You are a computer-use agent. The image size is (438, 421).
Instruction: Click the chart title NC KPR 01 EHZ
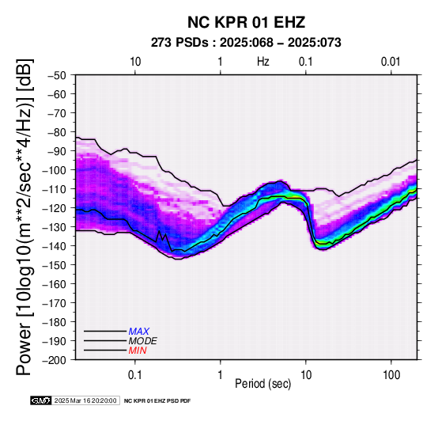click(x=246, y=22)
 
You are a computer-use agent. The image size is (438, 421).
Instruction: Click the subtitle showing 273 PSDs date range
click(x=246, y=43)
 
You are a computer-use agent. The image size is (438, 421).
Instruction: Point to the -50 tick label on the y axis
click(x=57, y=75)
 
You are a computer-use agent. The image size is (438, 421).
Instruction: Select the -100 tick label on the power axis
click(x=55, y=170)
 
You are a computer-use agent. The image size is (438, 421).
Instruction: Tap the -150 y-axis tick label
click(x=55, y=265)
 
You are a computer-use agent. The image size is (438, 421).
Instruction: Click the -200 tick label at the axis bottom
click(x=55, y=360)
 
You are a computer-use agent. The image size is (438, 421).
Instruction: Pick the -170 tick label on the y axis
click(x=55, y=303)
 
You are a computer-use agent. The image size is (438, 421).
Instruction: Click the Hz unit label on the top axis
click(x=263, y=62)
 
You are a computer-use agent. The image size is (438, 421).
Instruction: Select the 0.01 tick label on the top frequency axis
click(x=391, y=62)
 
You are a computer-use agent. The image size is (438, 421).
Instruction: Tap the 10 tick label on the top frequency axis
click(x=135, y=62)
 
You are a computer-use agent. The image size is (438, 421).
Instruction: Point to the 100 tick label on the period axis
click(x=391, y=374)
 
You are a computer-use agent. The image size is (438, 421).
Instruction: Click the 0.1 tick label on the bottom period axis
click(x=135, y=374)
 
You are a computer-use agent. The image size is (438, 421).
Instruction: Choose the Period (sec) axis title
click(x=262, y=384)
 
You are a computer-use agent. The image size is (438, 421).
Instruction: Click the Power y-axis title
click(x=25, y=217)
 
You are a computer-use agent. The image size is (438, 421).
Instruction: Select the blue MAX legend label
click(x=139, y=332)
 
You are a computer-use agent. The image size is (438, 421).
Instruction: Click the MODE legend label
click(x=143, y=341)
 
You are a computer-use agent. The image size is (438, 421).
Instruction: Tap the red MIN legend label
click(x=138, y=351)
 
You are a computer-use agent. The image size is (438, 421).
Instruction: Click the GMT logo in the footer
click(x=41, y=400)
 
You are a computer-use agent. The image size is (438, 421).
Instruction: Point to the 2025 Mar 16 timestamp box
click(x=85, y=400)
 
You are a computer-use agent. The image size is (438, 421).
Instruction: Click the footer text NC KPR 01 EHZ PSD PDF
click(x=157, y=401)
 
